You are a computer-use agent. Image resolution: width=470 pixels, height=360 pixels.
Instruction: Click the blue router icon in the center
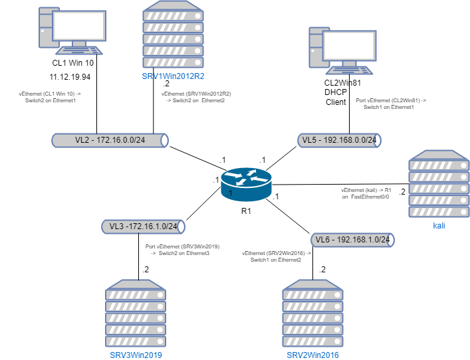point(246,184)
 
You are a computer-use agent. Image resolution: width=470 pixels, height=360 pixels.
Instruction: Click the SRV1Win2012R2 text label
point(173,76)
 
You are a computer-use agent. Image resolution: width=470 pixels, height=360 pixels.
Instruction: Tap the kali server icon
point(439,184)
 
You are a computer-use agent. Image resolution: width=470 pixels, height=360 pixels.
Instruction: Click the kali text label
point(439,226)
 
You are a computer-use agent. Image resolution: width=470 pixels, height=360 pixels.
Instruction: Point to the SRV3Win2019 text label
point(136,355)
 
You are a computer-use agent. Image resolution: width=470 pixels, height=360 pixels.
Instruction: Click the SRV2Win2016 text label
point(312,355)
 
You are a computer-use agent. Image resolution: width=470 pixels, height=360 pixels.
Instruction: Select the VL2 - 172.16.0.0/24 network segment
point(110,140)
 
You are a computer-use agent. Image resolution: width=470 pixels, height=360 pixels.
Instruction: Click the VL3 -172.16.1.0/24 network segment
point(143,226)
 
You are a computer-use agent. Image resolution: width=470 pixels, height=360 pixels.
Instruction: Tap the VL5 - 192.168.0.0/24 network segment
point(339,140)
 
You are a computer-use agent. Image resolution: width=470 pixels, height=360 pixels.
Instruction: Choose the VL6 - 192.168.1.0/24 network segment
point(352,240)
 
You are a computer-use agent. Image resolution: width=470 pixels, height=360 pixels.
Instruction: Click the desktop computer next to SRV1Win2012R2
point(72,30)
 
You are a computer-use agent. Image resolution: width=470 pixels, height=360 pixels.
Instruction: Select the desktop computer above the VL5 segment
point(342,49)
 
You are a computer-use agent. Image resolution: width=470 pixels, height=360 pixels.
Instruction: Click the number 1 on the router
point(230,193)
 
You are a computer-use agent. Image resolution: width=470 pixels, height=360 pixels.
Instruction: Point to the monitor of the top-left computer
point(79,26)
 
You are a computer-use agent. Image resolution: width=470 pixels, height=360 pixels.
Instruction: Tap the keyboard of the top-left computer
point(79,50)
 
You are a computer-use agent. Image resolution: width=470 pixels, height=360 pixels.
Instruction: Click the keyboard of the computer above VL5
point(350,69)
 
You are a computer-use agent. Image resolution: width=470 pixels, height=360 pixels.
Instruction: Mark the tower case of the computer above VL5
point(318,46)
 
